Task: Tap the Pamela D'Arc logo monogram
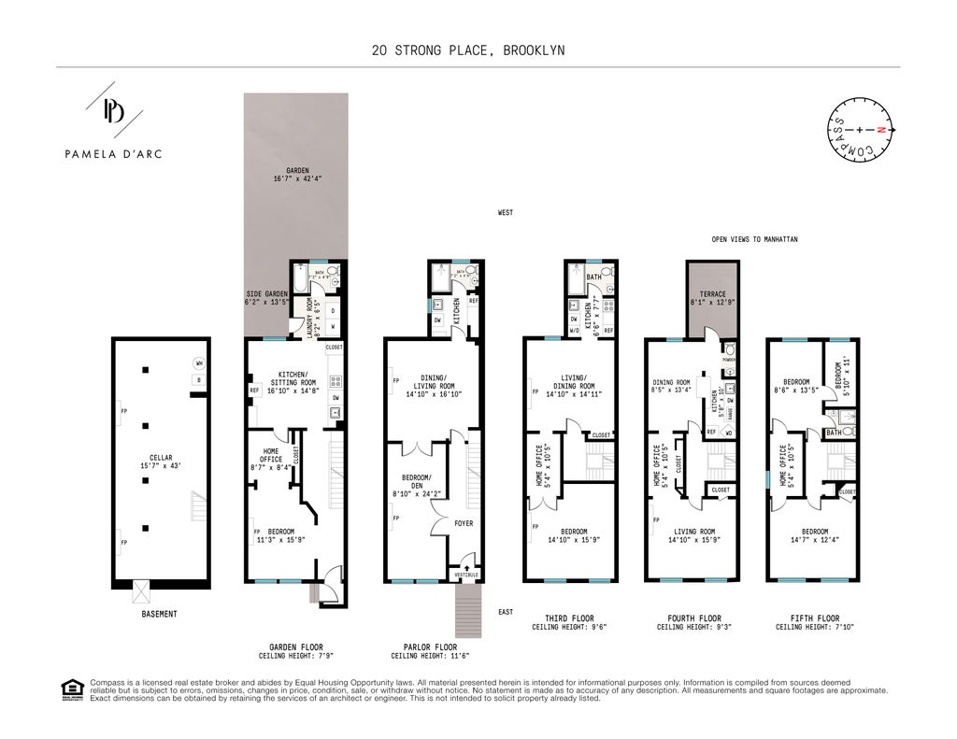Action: click(x=113, y=111)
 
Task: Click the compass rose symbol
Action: click(x=863, y=130)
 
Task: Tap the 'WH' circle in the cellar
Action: click(x=198, y=363)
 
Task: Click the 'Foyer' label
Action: click(x=464, y=523)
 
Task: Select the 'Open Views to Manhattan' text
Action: click(x=754, y=239)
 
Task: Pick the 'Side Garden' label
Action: click(x=266, y=297)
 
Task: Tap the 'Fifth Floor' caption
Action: click(x=813, y=618)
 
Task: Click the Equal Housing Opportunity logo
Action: click(x=72, y=690)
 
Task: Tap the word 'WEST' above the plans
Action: click(x=505, y=213)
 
